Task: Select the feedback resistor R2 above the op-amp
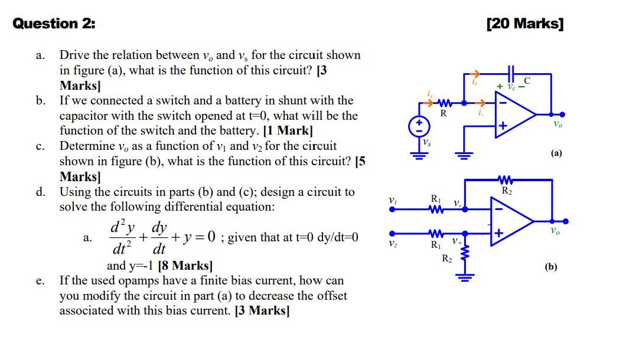pos(507,180)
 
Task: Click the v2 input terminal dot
pos(391,233)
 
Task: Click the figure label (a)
pos(556,153)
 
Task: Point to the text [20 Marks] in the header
pos(525,24)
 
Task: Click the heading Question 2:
pos(54,24)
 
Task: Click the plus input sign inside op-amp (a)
pos(503,126)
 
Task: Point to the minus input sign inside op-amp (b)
pos(499,208)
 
